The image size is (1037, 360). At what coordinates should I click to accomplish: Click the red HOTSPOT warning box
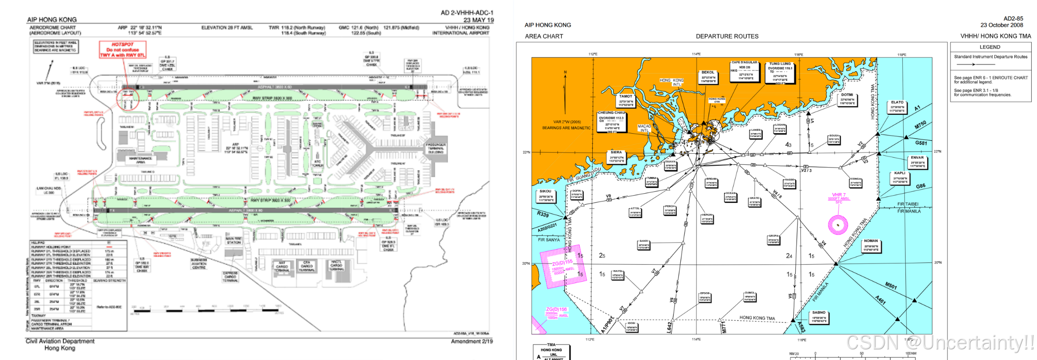[x=123, y=50]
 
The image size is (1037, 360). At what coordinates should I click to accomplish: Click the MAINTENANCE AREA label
[x=140, y=160]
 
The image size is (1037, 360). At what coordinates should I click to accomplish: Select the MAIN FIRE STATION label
[x=234, y=240]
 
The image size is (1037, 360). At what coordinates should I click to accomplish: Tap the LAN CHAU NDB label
[x=49, y=190]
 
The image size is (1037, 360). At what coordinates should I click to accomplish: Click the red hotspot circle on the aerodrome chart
[x=127, y=100]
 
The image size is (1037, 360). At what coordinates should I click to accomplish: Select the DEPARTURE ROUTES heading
[x=727, y=37]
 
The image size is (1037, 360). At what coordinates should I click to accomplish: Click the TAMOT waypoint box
[x=626, y=100]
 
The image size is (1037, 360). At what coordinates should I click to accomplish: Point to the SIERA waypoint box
[x=616, y=157]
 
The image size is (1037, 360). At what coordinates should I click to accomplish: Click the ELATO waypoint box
[x=897, y=107]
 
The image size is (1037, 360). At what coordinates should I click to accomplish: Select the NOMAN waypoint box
[x=871, y=246]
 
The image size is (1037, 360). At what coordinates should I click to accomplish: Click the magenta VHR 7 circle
[x=838, y=225]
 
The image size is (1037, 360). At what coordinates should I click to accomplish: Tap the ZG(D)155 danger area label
[x=562, y=263]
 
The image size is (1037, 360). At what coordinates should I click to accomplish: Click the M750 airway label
[x=920, y=125]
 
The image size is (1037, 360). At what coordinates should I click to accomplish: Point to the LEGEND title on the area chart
[x=990, y=47]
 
